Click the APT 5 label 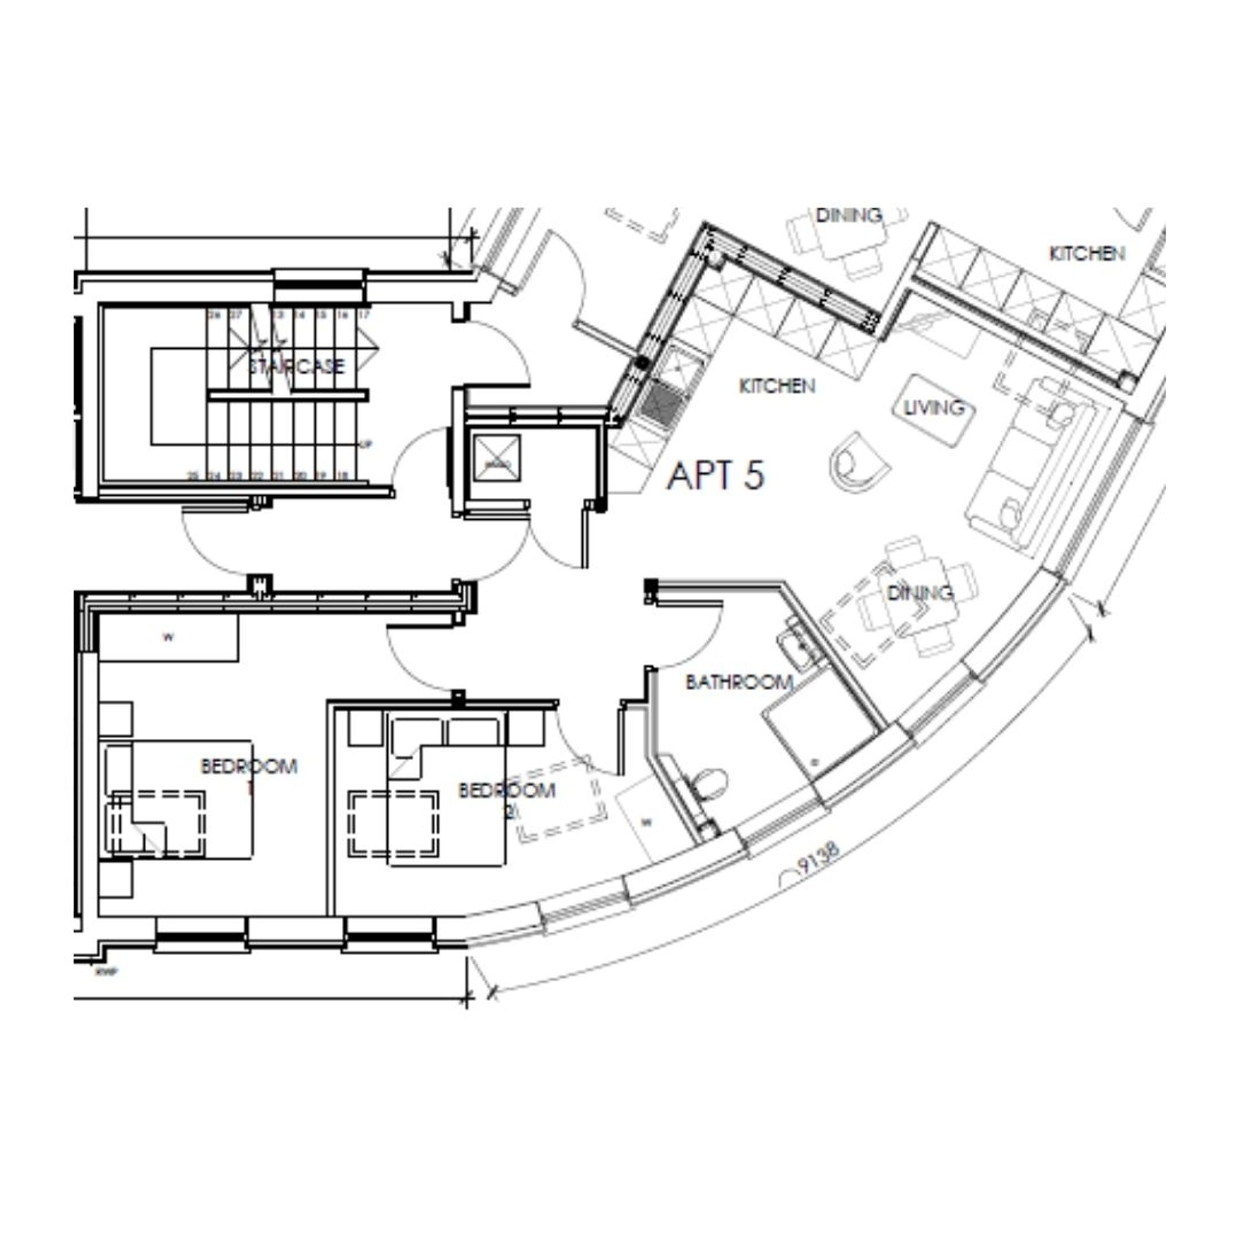pyautogui.click(x=716, y=476)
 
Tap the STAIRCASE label pyautogui.click(x=296, y=367)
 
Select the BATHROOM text pyautogui.click(x=739, y=681)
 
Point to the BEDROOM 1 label pyautogui.click(x=249, y=767)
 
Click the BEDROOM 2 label pyautogui.click(x=507, y=790)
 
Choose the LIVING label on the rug pyautogui.click(x=934, y=407)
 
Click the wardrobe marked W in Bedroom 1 pyautogui.click(x=169, y=638)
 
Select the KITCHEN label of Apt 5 pyautogui.click(x=777, y=386)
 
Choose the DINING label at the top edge pyautogui.click(x=849, y=216)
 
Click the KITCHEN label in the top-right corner pyautogui.click(x=1087, y=254)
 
